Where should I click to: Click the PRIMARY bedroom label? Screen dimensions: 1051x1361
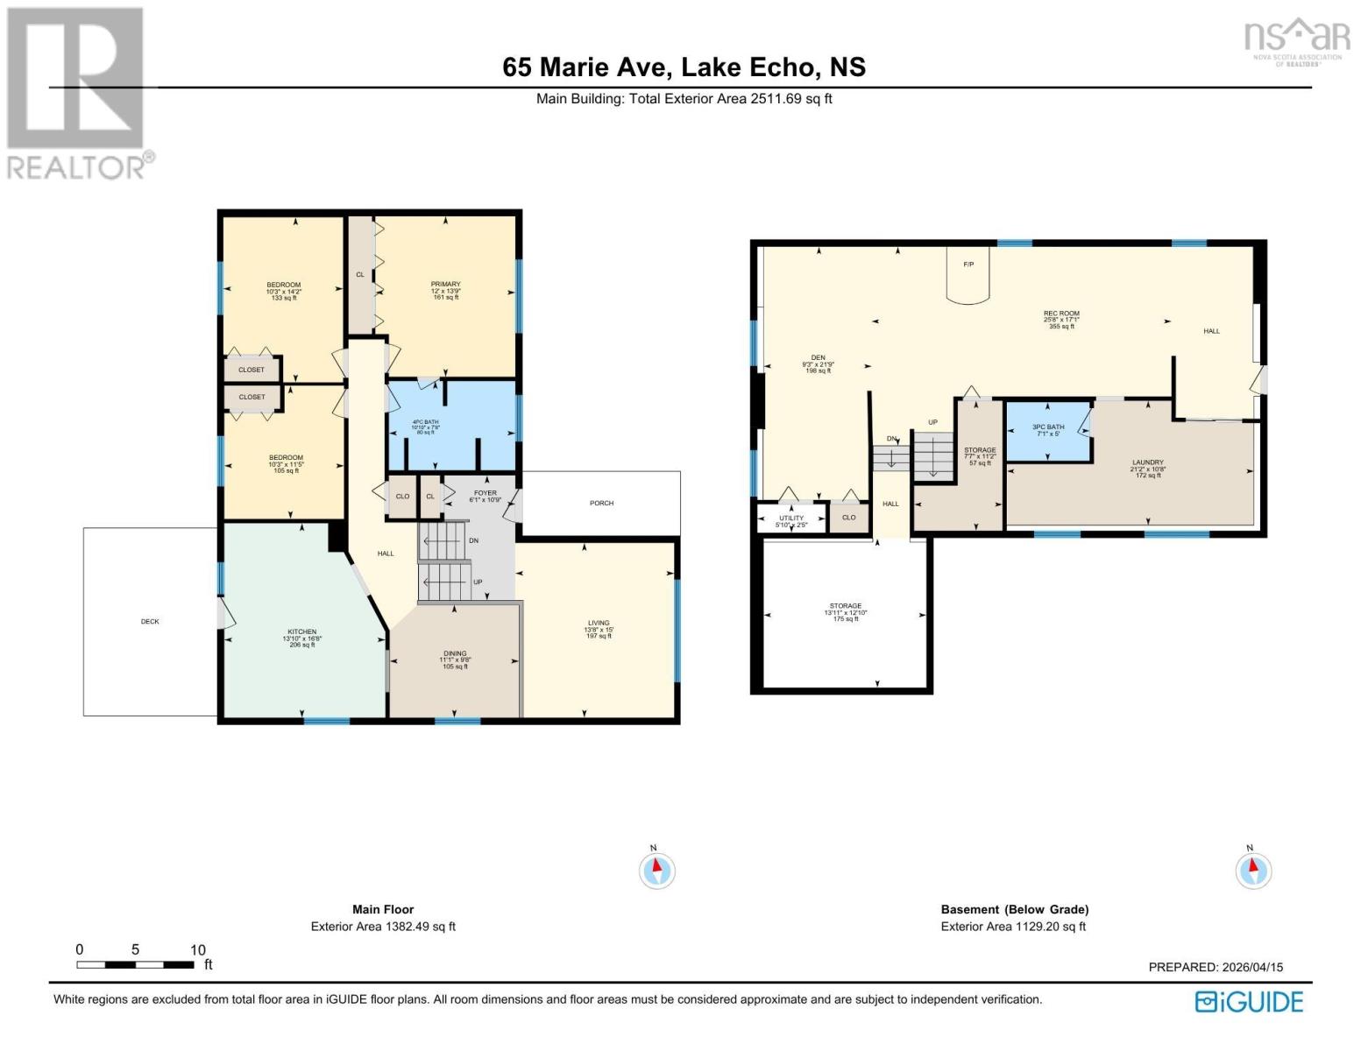coord(445,285)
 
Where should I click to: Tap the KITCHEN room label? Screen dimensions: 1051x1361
coord(301,631)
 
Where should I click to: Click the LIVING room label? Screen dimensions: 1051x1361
coord(599,624)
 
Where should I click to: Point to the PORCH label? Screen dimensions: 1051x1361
coord(601,504)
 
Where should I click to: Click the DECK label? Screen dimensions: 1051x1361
coord(150,622)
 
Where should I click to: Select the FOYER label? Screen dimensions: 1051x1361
coord(485,493)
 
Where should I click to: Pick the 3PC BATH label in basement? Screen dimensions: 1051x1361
coord(1048,427)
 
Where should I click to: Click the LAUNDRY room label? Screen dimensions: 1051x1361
coord(1147,462)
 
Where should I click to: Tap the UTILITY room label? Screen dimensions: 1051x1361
coord(791,518)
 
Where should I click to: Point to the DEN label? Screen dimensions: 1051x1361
coord(818,357)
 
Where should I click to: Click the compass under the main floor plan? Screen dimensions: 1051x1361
coord(656,871)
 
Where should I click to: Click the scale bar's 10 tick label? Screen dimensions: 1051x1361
coord(198,949)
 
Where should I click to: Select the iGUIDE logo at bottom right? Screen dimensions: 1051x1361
coord(1250,1001)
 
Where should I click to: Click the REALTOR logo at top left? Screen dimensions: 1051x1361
coord(77,92)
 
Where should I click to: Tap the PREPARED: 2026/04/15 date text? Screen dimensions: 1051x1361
coord(1216,967)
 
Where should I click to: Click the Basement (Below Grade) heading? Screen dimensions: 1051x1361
coord(1014,909)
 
